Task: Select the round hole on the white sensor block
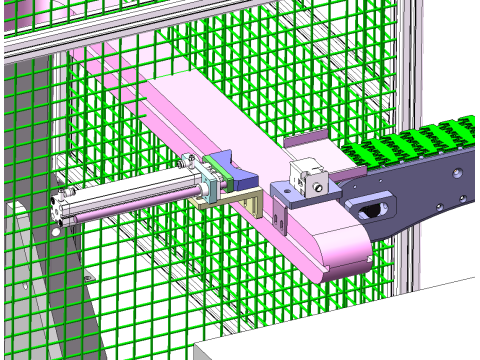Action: [x=317, y=185]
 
